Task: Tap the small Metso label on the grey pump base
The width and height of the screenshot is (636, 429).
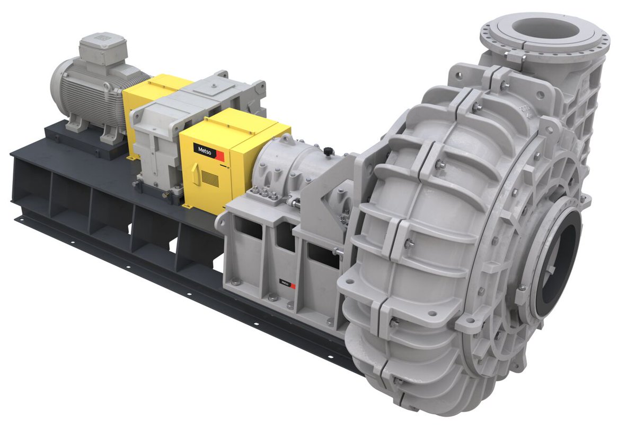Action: coord(285,283)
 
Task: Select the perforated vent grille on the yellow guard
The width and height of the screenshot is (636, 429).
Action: coord(210,179)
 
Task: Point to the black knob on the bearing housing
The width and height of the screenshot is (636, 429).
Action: coord(328,152)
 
